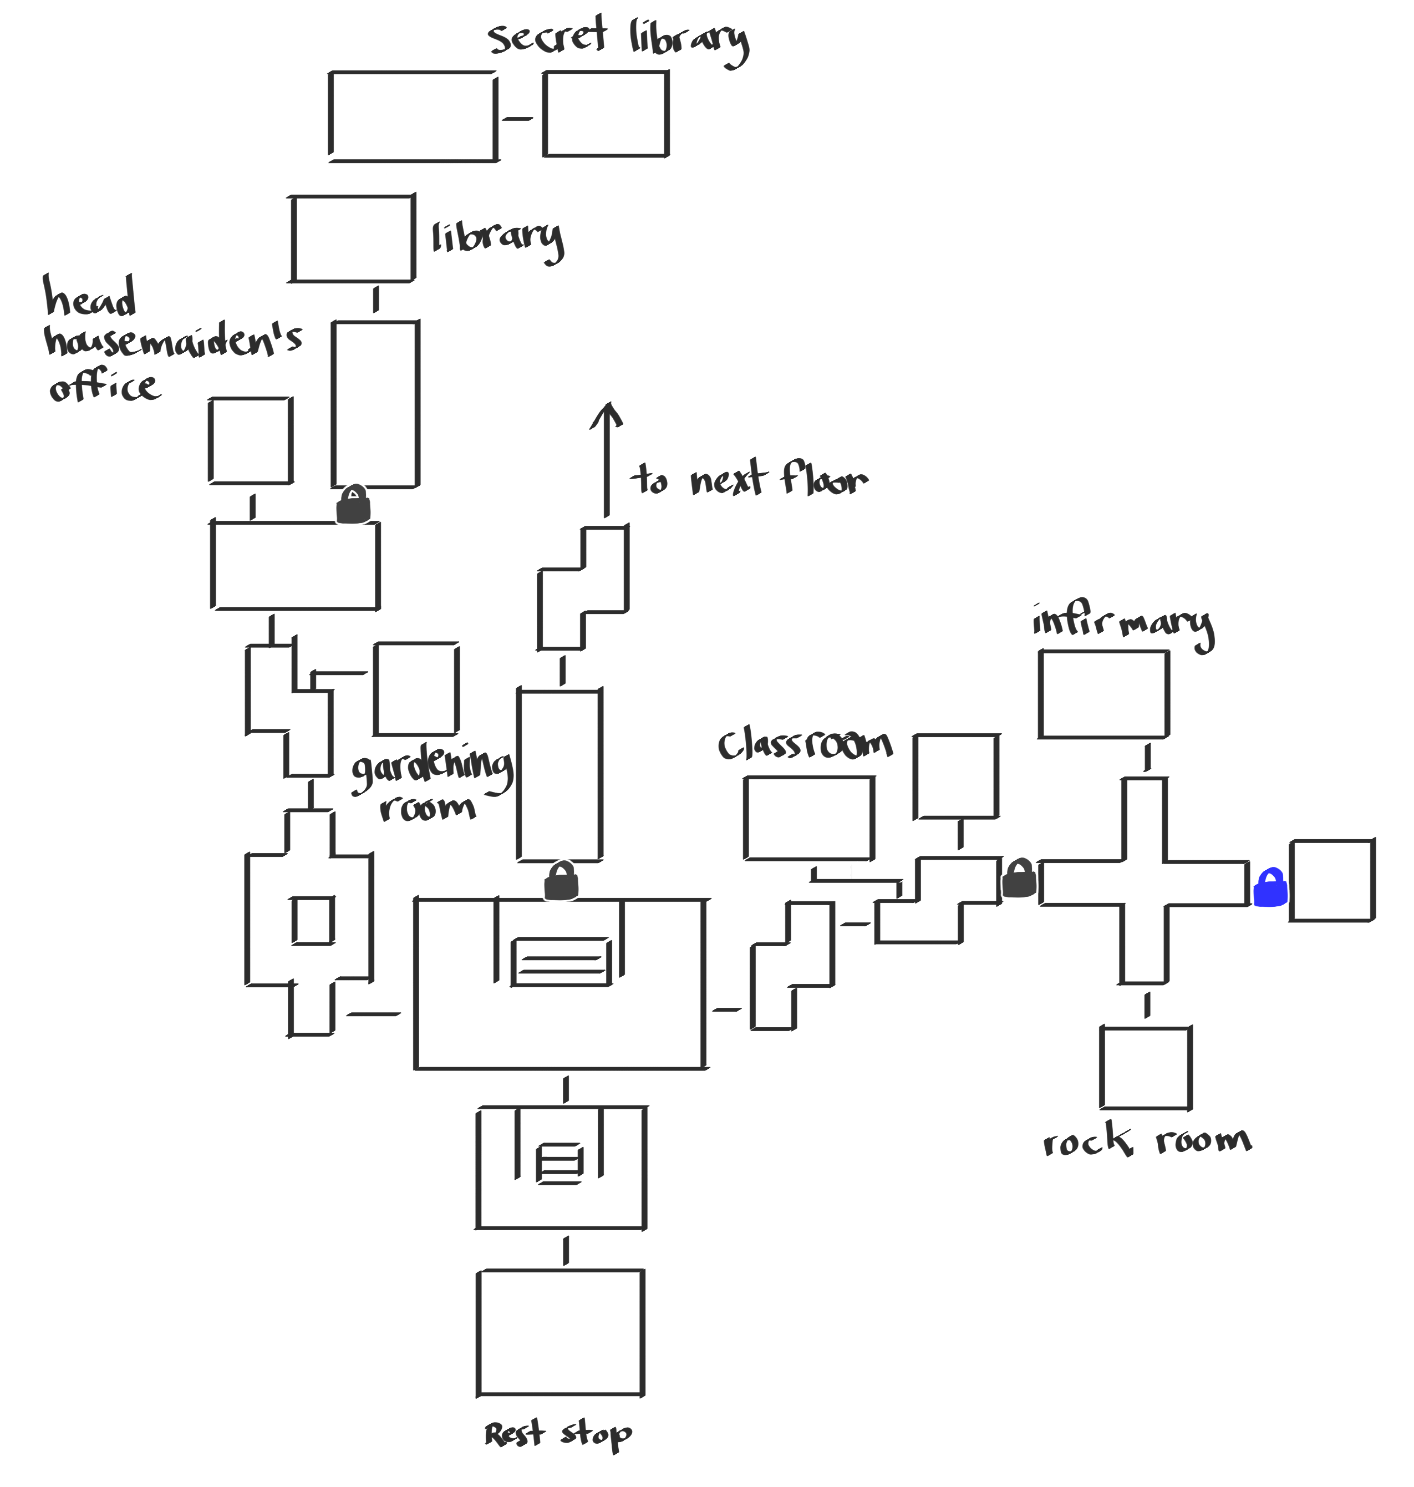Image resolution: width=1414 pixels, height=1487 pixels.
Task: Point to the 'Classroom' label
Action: tap(805, 745)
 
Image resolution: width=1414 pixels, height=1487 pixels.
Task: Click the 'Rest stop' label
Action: tap(558, 1433)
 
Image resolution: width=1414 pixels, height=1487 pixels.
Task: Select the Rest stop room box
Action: tap(561, 1332)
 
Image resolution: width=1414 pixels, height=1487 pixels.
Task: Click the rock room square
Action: tap(1145, 1068)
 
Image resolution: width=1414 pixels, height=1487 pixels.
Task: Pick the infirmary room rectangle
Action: tap(1103, 694)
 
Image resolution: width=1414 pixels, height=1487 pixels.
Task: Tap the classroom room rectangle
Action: tap(809, 818)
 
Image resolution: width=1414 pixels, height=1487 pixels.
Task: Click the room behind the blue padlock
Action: tap(1332, 881)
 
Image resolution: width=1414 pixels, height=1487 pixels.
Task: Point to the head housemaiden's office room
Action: tap(250, 440)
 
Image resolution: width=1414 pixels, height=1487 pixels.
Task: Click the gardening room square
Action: tap(416, 689)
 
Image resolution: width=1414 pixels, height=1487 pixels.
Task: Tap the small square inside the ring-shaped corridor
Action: tap(313, 920)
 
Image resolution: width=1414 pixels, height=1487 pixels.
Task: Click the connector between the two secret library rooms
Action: tap(518, 118)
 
